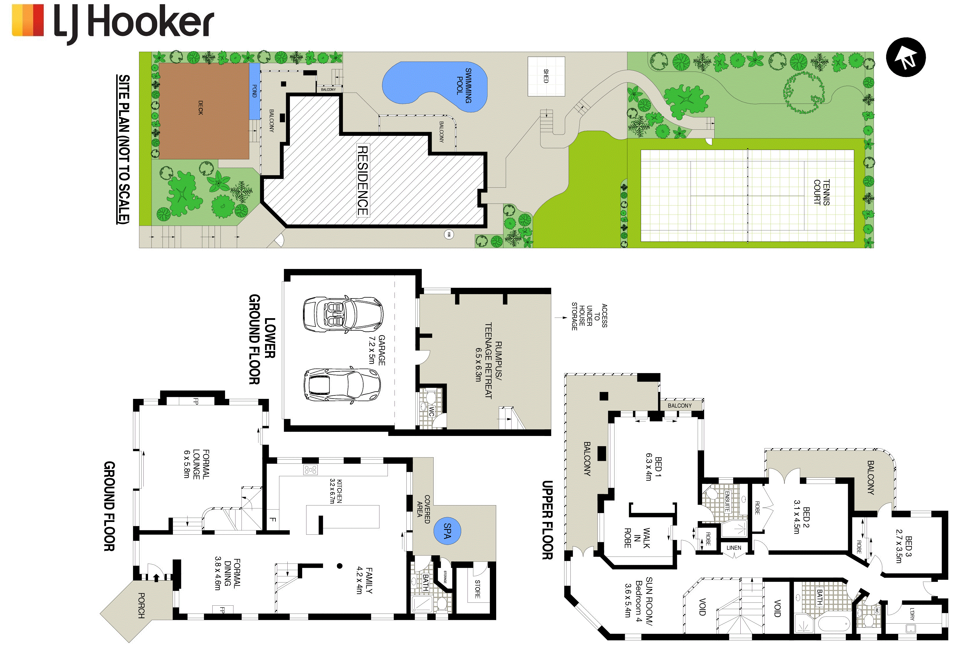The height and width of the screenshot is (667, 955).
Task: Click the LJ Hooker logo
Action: (113, 23)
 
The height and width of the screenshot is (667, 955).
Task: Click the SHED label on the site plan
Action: (546, 76)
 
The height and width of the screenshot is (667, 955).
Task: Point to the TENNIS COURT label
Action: (822, 192)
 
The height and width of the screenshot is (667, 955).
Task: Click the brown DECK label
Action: (200, 107)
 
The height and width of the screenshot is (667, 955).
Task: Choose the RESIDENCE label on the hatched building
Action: (363, 180)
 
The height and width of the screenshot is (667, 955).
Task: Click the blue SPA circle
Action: (447, 531)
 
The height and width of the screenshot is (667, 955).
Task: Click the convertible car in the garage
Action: (343, 314)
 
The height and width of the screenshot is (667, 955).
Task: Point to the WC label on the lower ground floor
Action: (431, 411)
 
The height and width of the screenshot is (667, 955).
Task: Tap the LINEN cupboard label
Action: (734, 548)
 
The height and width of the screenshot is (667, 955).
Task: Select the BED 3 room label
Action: (904, 549)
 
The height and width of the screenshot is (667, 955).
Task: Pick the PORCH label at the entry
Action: (141, 605)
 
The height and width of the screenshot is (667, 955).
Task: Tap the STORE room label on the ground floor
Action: (477, 589)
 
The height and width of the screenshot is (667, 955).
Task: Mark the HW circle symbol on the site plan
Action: (448, 234)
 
